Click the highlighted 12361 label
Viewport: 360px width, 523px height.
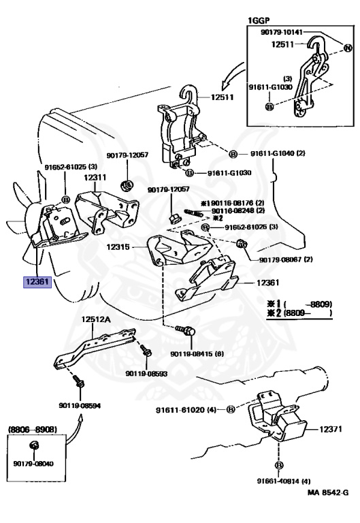coord(37,282)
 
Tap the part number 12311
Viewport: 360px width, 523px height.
coord(95,178)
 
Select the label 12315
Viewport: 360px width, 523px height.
coord(118,247)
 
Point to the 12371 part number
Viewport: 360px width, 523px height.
coord(331,429)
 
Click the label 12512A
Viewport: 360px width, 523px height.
coord(97,319)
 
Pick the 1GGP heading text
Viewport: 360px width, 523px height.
coord(259,20)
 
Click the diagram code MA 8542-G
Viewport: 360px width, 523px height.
coord(328,492)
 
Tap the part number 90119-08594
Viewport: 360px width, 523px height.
coord(80,406)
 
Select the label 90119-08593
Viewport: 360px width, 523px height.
coord(146,374)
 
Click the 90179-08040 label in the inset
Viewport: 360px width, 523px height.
coord(33,464)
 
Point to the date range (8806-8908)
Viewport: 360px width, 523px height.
coord(33,429)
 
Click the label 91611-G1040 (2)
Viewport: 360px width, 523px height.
coord(278,153)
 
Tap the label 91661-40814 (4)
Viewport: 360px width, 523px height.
coord(284,481)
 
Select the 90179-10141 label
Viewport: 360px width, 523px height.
coord(281,32)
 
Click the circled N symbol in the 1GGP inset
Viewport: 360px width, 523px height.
coord(348,48)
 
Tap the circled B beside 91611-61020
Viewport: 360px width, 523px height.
coord(231,409)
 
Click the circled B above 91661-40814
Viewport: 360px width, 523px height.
coord(279,465)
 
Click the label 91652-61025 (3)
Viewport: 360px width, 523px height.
coord(71,167)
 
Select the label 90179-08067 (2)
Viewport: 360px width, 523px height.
coord(286,259)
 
